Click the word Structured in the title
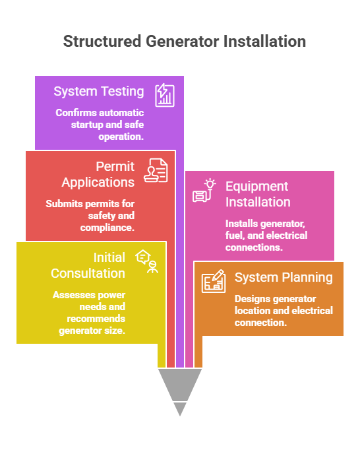(102, 42)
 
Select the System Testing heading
(99, 92)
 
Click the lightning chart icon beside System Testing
(165, 95)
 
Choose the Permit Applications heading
(98, 174)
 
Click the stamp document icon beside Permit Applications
(156, 170)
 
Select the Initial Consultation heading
(88, 265)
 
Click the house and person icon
(147, 261)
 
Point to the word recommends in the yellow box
(96, 319)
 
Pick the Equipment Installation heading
(258, 194)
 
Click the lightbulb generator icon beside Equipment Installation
(204, 191)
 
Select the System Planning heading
(284, 278)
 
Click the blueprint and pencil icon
(214, 281)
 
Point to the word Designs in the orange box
(251, 299)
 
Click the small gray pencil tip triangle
(180, 408)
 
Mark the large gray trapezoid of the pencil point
(180, 385)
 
